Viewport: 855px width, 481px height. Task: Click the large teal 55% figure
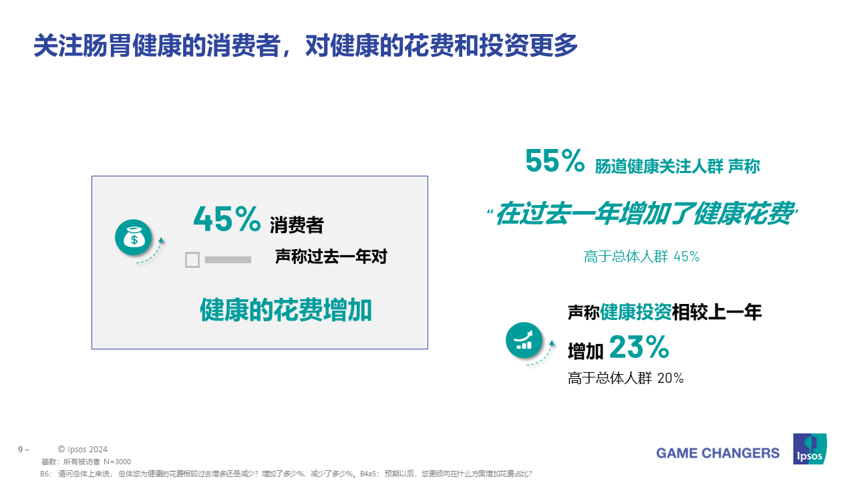[554, 161]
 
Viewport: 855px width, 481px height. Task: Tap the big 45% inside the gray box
[227, 219]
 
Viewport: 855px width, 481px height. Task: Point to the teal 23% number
[639, 347]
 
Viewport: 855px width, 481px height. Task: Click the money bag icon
[134, 237]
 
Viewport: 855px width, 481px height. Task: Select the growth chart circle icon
[524, 340]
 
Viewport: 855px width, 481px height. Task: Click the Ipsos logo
[810, 449]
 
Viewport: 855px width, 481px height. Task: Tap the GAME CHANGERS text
[717, 453]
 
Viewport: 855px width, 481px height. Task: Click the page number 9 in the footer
[21, 450]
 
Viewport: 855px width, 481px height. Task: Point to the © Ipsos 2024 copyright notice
[82, 450]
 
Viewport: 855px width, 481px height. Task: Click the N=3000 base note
[117, 462]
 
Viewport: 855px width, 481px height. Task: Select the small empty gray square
[192, 260]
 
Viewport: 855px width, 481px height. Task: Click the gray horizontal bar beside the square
[228, 260]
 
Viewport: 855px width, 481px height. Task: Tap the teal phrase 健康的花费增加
[286, 310]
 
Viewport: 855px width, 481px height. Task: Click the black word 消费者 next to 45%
[297, 225]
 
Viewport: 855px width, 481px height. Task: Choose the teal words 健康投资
[636, 312]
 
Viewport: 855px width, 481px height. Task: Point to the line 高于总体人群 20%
[626, 378]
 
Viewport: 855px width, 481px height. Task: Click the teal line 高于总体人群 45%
[642, 257]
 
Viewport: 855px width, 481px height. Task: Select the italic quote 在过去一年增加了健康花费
[643, 213]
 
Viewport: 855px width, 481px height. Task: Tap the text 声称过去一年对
[331, 257]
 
